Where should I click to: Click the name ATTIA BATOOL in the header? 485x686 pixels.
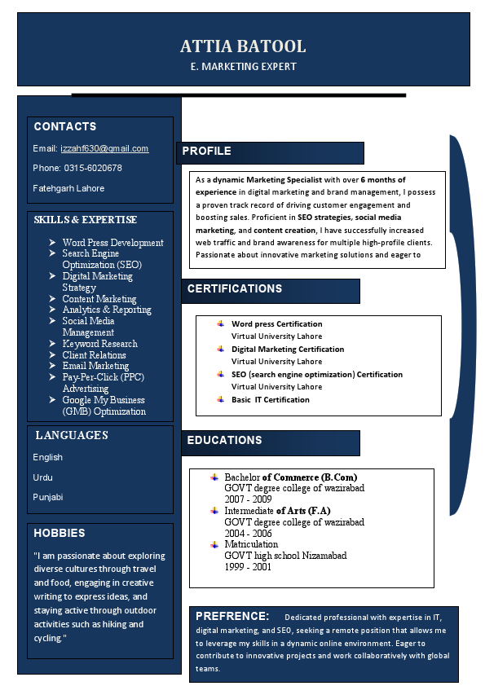[243, 46]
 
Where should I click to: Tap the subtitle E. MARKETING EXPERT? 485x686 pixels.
[243, 67]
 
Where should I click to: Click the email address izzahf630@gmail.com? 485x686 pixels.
[104, 148]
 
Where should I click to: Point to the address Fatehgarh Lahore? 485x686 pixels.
[68, 188]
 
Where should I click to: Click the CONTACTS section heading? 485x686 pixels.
[65, 126]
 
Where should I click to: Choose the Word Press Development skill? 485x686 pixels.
[112, 243]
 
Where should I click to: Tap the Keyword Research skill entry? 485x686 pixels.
[99, 344]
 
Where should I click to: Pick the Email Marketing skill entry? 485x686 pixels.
[95, 366]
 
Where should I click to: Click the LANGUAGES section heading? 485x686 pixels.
[72, 435]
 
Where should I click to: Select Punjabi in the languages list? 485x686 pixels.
[48, 497]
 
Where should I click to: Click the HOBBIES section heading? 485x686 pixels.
[60, 533]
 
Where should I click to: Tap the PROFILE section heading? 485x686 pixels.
[207, 151]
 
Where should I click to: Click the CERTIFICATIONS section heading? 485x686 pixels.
[235, 288]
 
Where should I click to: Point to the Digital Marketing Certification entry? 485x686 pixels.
[288, 349]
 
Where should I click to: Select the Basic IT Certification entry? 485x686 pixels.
[271, 399]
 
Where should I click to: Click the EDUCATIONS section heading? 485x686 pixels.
[225, 440]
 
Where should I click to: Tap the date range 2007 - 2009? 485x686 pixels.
[249, 499]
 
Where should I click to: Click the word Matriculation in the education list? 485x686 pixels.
[251, 544]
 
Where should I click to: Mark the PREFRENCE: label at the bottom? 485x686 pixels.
[232, 616]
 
